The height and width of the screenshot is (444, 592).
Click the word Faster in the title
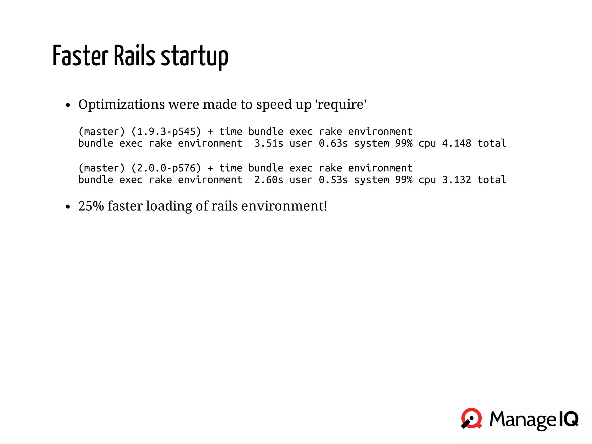[x=80, y=56]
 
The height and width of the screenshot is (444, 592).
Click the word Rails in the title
[x=134, y=56]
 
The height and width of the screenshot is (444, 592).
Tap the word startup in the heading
[x=195, y=57]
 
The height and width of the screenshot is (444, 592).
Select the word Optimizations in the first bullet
[x=121, y=104]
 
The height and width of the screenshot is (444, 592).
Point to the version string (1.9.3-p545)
[x=166, y=132]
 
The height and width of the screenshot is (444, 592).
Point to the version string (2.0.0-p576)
[x=166, y=168]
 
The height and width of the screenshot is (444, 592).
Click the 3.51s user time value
[x=269, y=143]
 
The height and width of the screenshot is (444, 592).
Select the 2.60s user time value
[x=269, y=180]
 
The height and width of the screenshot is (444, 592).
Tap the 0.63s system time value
[x=333, y=143]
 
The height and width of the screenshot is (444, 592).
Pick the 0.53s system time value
[x=333, y=180]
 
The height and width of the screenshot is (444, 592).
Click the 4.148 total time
[x=456, y=143]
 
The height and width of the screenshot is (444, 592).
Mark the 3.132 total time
[x=456, y=180]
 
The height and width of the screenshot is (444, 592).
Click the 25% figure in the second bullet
[x=91, y=206]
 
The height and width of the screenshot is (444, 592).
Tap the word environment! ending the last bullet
[x=284, y=206]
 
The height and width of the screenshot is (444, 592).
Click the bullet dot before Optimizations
[x=68, y=105]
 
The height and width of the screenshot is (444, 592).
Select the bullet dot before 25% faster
[x=68, y=207]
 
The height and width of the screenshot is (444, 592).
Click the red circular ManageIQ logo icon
[x=471, y=418]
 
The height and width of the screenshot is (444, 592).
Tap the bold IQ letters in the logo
[x=568, y=419]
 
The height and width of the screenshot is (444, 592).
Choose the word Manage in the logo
[x=523, y=419]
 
